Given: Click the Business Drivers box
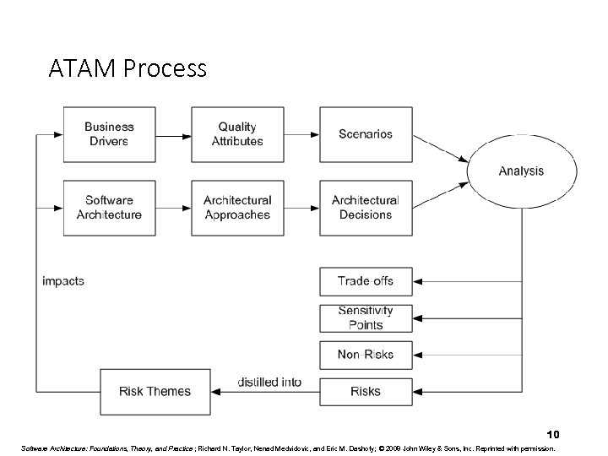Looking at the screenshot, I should (x=109, y=134).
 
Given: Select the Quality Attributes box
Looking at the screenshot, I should (x=237, y=134).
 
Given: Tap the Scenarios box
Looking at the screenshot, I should (x=365, y=134).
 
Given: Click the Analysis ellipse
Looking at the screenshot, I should (x=521, y=171).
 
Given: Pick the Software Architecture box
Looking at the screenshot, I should (x=109, y=208).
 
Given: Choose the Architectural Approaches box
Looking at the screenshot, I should (x=237, y=208).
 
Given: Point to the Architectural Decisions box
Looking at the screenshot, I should (x=365, y=208).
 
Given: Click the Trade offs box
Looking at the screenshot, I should (x=365, y=281).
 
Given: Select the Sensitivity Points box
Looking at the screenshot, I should (x=365, y=318).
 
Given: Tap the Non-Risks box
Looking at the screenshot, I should (x=365, y=355).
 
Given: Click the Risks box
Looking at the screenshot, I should (x=365, y=391).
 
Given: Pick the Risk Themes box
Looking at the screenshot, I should (x=155, y=391).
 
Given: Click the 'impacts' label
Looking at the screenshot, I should (x=63, y=281).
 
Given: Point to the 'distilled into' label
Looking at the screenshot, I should (x=269, y=382).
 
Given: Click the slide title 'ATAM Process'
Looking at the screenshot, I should (x=128, y=68).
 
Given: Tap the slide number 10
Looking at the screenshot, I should (x=552, y=432).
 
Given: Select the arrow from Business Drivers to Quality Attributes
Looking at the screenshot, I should (x=172, y=134).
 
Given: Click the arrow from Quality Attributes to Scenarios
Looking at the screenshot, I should (x=301, y=134).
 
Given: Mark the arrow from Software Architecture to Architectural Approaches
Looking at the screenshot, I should (x=172, y=208).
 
